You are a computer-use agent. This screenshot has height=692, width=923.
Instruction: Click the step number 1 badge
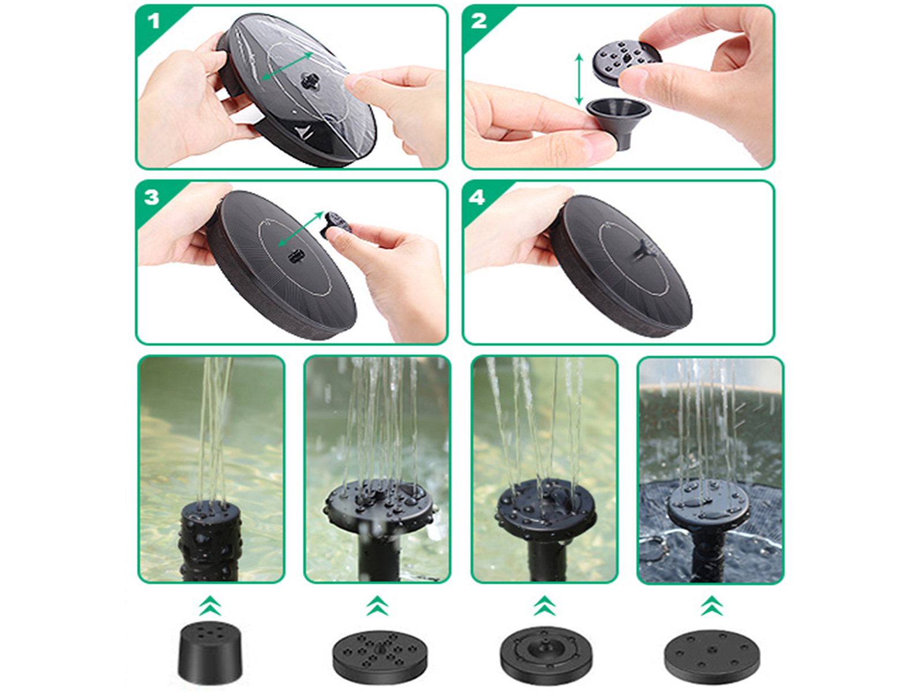tap(155, 21)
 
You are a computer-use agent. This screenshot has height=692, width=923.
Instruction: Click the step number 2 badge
tap(479, 21)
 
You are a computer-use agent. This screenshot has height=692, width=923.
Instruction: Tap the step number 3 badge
tap(152, 197)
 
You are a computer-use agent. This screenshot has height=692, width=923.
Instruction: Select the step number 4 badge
tap(477, 197)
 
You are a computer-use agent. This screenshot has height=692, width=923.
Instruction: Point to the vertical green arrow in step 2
tap(579, 79)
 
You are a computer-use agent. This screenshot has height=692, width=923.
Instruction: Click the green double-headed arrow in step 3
tap(301, 229)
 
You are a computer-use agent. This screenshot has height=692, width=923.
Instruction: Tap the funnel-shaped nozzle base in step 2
tap(618, 122)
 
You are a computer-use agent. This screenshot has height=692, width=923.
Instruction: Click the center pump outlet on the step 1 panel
tap(309, 78)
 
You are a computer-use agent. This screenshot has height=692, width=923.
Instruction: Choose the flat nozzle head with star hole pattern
tap(380, 656)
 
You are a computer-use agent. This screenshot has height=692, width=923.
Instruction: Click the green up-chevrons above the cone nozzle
tap(210, 605)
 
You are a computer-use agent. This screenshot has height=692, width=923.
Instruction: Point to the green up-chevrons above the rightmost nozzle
tap(711, 605)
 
